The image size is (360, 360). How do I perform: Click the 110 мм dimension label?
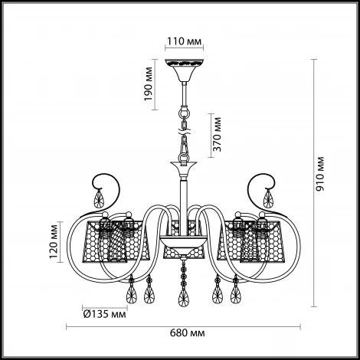pyautogui.click(x=184, y=41)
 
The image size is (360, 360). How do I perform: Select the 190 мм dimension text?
pyautogui.click(x=148, y=83)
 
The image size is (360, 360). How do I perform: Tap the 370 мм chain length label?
pyautogui.click(x=217, y=134)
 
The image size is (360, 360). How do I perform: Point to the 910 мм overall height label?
pyautogui.click(x=319, y=174)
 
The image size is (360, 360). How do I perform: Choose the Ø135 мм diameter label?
pyautogui.click(x=105, y=314)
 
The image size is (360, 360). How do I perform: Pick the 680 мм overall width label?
pyautogui.click(x=187, y=332)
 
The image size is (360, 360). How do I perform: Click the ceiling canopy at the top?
pyautogui.click(x=185, y=70)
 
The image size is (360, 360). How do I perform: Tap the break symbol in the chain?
pyautogui.click(x=184, y=133)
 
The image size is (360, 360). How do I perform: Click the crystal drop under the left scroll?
pyautogui.click(x=99, y=198)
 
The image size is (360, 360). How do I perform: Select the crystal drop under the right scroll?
pyautogui.click(x=268, y=198)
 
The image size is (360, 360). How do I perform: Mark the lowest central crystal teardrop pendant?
pyautogui.click(x=184, y=296)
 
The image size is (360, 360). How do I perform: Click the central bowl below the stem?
pyautogui.click(x=184, y=244)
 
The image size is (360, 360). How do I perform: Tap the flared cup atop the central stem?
pyautogui.click(x=184, y=169)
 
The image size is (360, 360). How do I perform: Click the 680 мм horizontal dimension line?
pyautogui.click(x=183, y=327)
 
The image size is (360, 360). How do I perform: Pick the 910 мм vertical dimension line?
pyautogui.click(x=313, y=183)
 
